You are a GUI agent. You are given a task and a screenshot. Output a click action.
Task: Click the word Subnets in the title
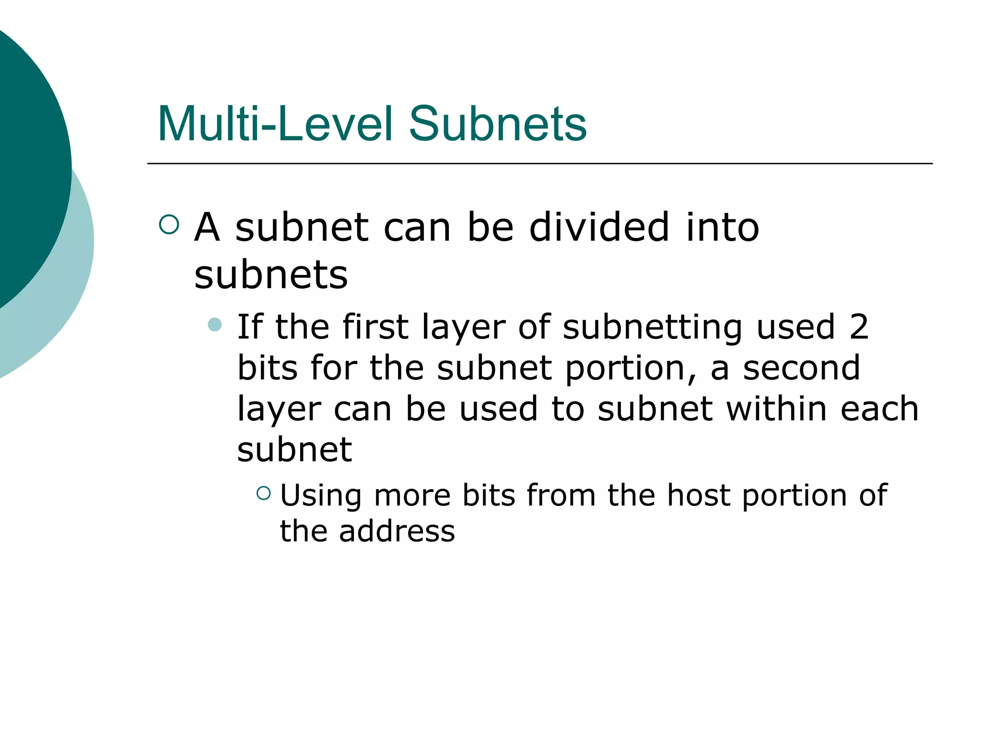(x=497, y=124)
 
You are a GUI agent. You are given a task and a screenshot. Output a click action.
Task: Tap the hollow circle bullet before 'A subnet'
(x=169, y=224)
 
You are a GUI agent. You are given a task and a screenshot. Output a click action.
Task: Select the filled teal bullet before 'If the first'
(x=215, y=325)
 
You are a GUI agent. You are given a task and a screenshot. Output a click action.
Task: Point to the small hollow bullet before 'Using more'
(x=264, y=493)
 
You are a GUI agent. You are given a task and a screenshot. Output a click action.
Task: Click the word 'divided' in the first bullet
(x=599, y=227)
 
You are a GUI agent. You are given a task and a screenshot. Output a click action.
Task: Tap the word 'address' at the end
(x=397, y=531)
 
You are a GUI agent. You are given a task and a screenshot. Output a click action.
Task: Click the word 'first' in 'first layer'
(x=375, y=327)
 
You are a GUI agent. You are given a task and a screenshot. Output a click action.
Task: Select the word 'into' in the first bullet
(x=723, y=227)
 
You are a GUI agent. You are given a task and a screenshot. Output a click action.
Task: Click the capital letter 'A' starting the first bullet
(x=208, y=227)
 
